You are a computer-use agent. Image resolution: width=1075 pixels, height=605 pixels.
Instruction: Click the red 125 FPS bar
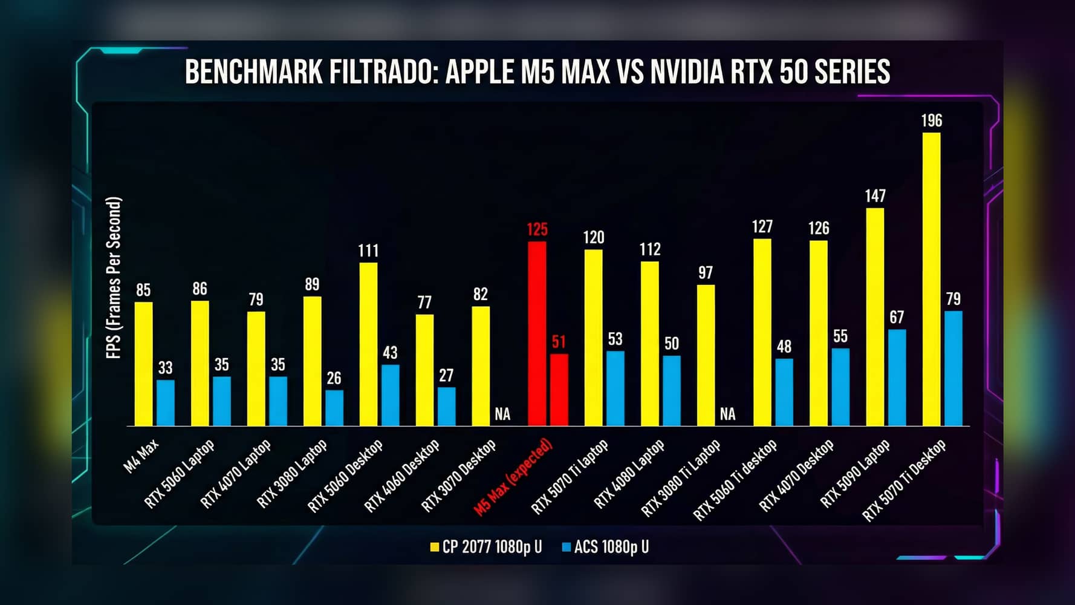tap(537, 333)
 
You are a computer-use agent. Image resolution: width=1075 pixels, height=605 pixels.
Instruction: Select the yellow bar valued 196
tap(931, 279)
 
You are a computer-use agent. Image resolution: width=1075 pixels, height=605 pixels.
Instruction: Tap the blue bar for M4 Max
tap(166, 403)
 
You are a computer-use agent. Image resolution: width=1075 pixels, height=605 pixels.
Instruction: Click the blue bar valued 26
tap(334, 408)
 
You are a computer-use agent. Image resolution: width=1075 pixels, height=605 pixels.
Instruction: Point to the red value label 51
tap(559, 342)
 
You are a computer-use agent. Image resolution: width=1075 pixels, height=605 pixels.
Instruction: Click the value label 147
tap(875, 196)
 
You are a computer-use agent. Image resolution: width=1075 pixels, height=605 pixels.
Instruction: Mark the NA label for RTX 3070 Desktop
tap(502, 414)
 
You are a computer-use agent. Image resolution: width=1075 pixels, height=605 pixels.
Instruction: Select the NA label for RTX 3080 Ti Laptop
tap(728, 414)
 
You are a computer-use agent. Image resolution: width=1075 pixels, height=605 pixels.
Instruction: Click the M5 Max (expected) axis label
tap(513, 478)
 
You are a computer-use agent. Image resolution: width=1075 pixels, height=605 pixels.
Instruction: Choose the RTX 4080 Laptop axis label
tap(629, 474)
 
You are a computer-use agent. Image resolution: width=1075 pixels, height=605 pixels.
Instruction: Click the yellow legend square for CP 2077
tap(434, 548)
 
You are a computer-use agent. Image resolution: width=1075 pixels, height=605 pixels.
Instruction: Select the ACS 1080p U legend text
tap(611, 547)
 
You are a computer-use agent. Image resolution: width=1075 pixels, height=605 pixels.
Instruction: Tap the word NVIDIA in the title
tap(687, 72)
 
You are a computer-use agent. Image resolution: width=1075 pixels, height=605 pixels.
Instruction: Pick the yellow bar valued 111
tap(368, 344)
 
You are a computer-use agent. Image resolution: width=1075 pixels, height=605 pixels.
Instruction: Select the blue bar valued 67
tap(897, 378)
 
